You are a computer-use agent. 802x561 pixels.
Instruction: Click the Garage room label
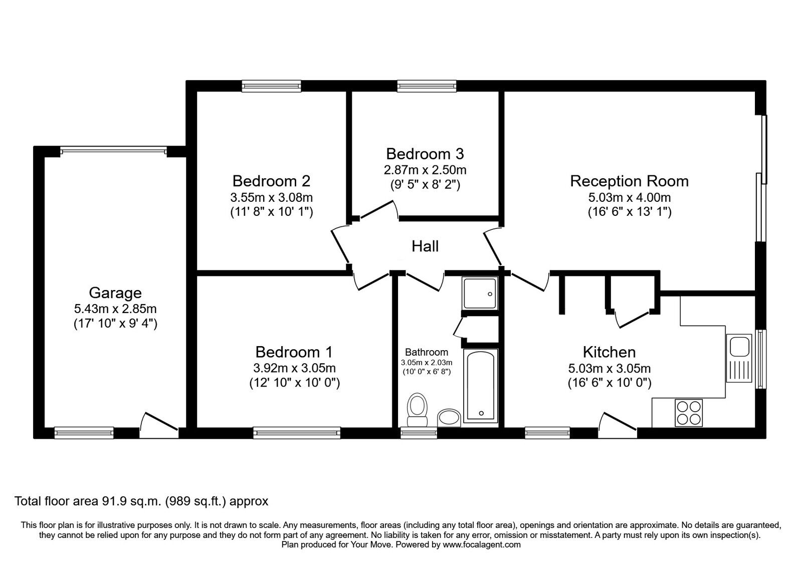[x=115, y=293]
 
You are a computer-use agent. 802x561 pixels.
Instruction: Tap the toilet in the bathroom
[x=417, y=404]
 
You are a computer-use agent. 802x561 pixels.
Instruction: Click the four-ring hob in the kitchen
[x=689, y=413]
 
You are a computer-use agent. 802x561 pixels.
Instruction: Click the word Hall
[x=425, y=246]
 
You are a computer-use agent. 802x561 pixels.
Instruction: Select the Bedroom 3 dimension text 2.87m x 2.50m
[x=425, y=170]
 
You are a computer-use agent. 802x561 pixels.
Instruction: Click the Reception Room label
[x=629, y=181]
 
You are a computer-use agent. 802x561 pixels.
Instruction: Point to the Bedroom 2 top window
[x=271, y=86]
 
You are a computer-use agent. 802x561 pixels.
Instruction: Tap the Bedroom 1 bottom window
[x=297, y=432]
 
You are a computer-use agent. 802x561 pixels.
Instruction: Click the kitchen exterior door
[x=618, y=422]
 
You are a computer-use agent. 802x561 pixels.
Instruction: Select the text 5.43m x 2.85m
[x=115, y=309]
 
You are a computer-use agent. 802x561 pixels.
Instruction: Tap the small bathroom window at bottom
[x=419, y=432]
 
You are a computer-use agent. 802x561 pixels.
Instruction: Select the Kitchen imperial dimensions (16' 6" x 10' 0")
[x=609, y=383]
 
